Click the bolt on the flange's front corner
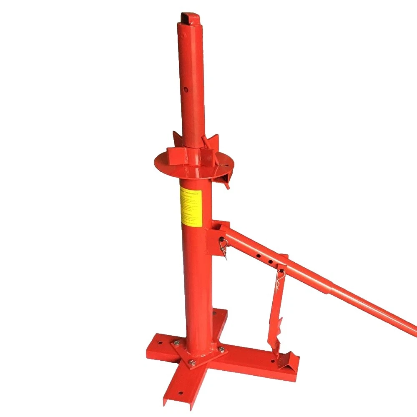[x=192, y=363]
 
